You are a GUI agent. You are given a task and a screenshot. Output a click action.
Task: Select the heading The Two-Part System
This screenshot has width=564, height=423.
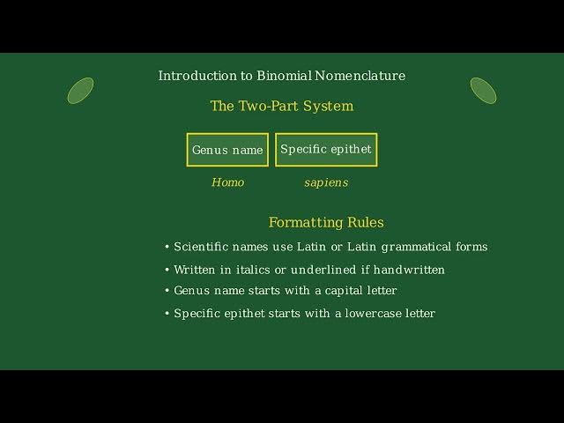click(282, 107)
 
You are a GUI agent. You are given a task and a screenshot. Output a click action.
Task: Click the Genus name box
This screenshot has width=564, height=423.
click(227, 150)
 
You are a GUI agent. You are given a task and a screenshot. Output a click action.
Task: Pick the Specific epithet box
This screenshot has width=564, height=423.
click(326, 150)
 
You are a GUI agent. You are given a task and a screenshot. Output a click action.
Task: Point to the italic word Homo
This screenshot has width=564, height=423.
click(227, 182)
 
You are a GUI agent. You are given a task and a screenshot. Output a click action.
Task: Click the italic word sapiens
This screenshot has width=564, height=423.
click(326, 182)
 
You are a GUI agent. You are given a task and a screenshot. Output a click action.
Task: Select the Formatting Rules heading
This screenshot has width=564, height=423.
click(326, 223)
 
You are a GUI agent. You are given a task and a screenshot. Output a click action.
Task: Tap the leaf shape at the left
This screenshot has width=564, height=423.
click(80, 90)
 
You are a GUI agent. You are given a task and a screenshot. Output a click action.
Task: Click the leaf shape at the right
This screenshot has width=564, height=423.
click(483, 90)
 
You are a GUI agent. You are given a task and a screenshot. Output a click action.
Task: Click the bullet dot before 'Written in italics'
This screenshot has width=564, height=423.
click(167, 270)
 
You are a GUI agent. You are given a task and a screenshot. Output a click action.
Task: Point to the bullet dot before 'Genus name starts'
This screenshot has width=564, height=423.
click(167, 291)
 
